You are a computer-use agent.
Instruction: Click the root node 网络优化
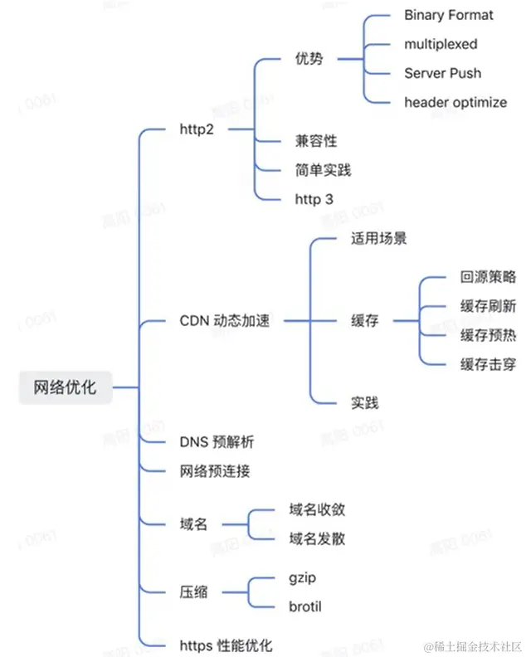click(x=65, y=387)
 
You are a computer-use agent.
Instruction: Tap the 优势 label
click(x=309, y=59)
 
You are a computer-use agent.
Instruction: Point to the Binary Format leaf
click(x=448, y=15)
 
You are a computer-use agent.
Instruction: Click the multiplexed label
click(x=441, y=44)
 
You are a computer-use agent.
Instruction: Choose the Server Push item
click(x=442, y=73)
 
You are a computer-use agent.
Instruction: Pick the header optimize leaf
click(x=455, y=102)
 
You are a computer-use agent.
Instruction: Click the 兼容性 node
click(x=316, y=141)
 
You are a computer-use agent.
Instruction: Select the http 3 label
click(x=314, y=199)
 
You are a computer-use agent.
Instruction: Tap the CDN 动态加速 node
click(x=225, y=321)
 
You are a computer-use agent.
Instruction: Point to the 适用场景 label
click(x=378, y=239)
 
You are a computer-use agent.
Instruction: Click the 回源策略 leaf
click(x=488, y=278)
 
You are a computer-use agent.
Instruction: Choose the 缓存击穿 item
click(x=488, y=363)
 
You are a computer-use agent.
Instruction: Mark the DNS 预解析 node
click(x=222, y=441)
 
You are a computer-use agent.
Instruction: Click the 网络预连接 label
click(x=215, y=471)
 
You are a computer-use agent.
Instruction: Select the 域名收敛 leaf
click(x=317, y=509)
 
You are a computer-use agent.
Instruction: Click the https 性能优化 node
click(x=226, y=645)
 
